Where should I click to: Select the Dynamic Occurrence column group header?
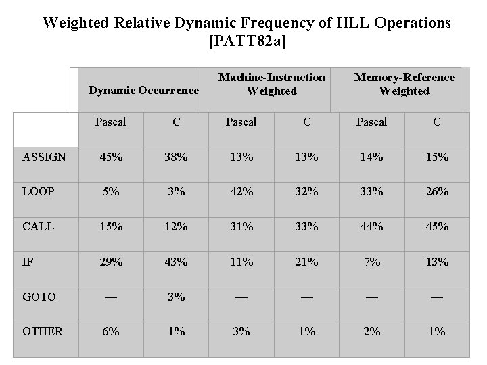[144, 90]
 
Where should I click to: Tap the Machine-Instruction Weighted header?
[272, 84]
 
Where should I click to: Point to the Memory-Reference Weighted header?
[404, 84]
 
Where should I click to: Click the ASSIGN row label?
[45, 157]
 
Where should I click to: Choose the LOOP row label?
[39, 191]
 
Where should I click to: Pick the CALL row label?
[38, 226]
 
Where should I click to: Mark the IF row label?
[27, 261]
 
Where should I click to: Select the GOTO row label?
[39, 296]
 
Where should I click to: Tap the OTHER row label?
[43, 331]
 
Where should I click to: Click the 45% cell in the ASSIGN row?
[111, 157]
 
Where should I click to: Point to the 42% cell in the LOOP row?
[241, 191]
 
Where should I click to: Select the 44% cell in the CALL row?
[371, 226]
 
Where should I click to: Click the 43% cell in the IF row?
[176, 261]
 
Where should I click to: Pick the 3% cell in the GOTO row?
[176, 296]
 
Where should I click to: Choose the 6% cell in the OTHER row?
[111, 331]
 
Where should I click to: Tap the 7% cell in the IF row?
[371, 261]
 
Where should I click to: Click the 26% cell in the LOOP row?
[437, 191]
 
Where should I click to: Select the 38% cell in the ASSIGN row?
[176, 157]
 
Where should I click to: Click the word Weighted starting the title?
[74, 22]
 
